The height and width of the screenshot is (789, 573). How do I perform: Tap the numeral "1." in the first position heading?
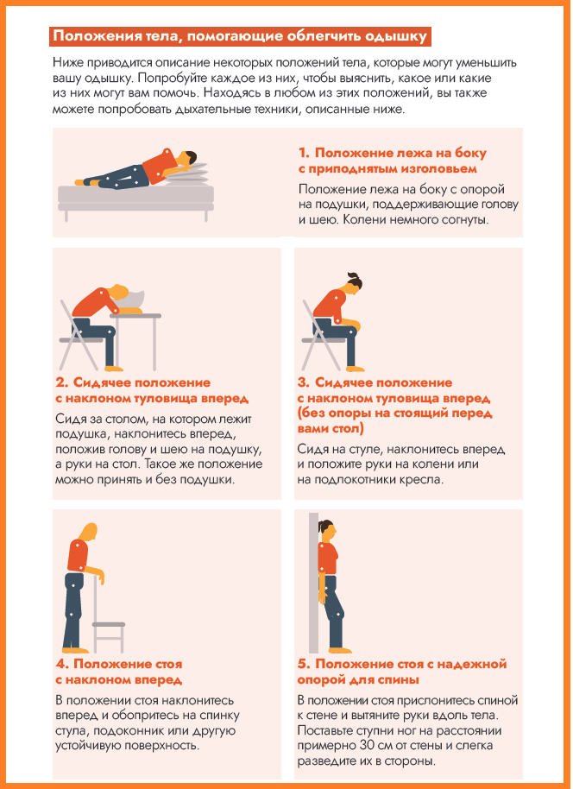pos(304,153)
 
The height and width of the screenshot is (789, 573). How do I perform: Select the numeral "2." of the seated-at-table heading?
pos(62,383)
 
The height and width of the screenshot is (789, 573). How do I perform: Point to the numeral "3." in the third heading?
pos(304,383)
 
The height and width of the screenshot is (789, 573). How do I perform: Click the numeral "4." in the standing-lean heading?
pos(62,664)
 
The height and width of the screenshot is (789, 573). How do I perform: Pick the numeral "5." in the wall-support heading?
pos(304,664)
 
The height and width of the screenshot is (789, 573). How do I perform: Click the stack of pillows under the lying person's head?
pos(190,174)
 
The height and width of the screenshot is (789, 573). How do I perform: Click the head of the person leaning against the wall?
pos(325,530)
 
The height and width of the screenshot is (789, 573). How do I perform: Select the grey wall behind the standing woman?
pos(313,583)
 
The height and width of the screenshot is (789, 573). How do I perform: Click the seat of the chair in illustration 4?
pos(108,624)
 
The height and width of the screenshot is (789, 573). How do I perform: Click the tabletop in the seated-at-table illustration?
pos(135,316)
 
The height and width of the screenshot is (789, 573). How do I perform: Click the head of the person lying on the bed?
pos(186,159)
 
